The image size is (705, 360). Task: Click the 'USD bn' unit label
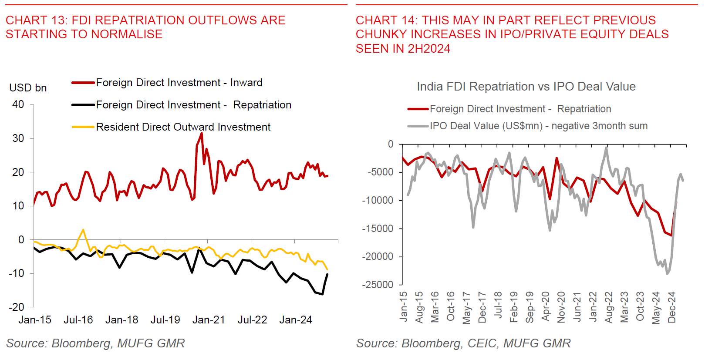28,88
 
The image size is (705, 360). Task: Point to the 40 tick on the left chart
18,104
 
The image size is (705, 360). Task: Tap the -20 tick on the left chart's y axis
17,307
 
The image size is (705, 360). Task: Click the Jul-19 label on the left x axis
165,320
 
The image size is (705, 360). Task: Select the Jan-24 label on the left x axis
296,320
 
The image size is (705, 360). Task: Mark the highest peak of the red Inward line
201,133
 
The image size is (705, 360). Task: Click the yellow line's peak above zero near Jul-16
83,229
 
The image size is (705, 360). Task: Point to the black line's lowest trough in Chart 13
322,295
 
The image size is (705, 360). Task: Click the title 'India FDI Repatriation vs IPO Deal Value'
526,87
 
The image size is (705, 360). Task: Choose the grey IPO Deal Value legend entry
538,126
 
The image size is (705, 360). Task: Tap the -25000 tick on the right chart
378,285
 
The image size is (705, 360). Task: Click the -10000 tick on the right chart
378,200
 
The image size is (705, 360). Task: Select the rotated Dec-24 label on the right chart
672,307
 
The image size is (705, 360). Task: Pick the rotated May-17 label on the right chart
466,308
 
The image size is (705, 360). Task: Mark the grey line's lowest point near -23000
667,273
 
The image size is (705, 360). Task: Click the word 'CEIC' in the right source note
482,343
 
